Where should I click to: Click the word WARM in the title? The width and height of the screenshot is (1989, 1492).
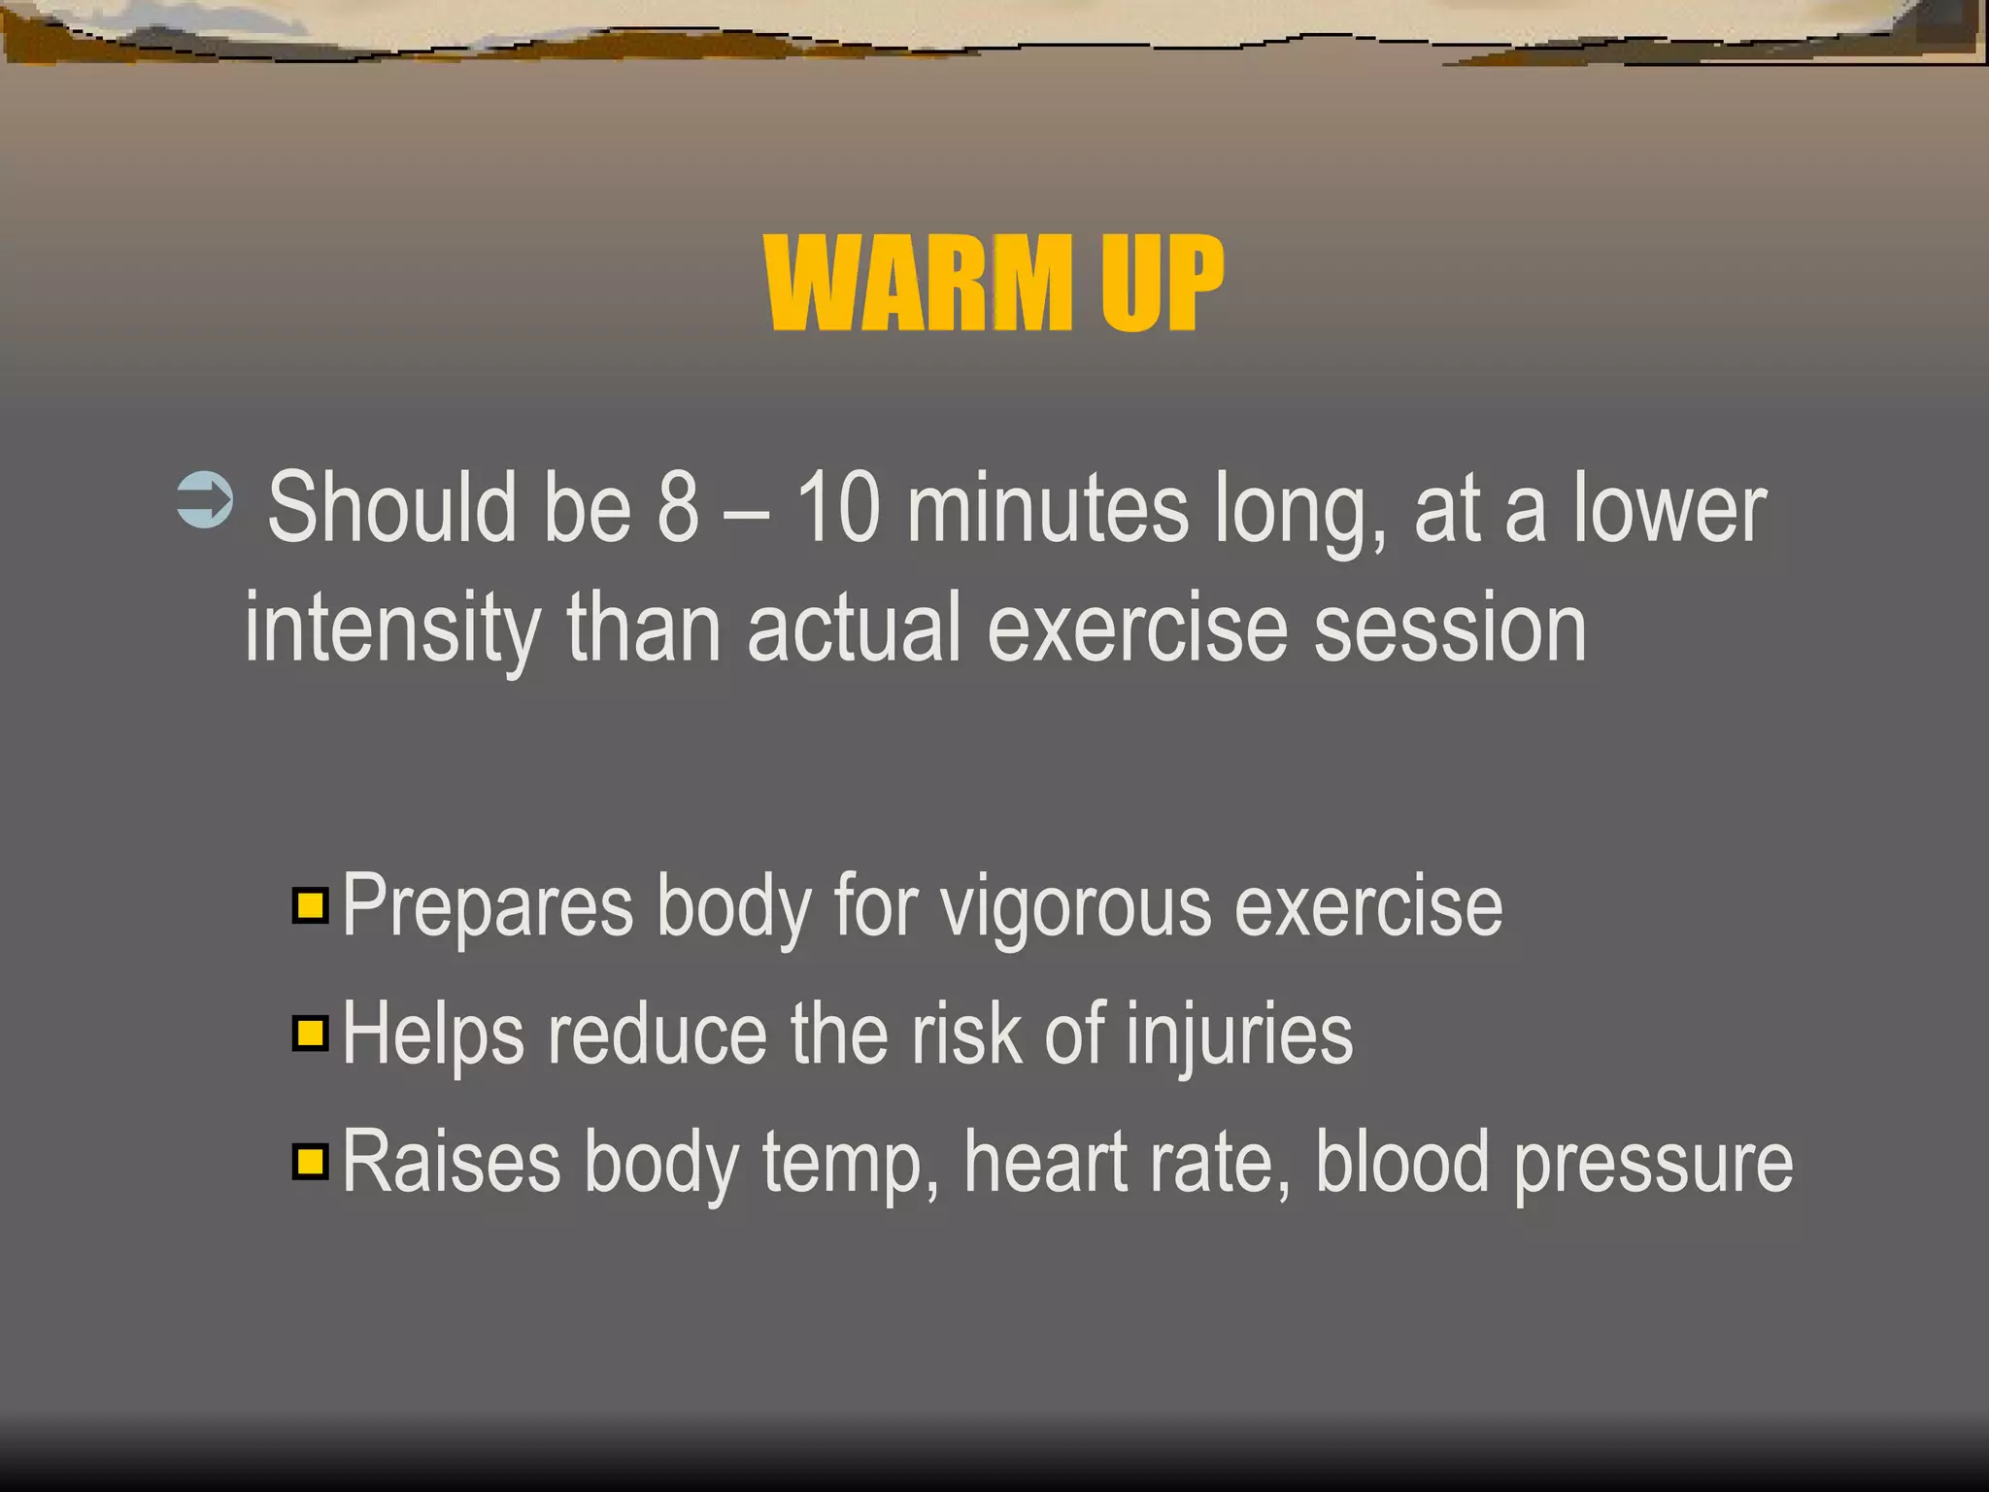(x=918, y=284)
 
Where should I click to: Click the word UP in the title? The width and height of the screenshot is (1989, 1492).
(x=1161, y=284)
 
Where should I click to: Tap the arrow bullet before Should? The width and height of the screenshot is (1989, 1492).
(x=205, y=500)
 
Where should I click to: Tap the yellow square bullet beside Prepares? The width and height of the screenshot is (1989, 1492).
(x=310, y=905)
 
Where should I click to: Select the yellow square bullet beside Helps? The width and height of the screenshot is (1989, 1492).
(x=310, y=1033)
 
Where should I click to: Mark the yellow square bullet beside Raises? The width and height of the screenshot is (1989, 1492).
(x=310, y=1161)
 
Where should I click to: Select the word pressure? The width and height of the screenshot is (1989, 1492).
(x=1653, y=1164)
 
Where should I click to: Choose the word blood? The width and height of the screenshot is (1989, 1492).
(x=1401, y=1162)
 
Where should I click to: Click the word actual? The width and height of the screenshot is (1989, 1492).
(x=854, y=629)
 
